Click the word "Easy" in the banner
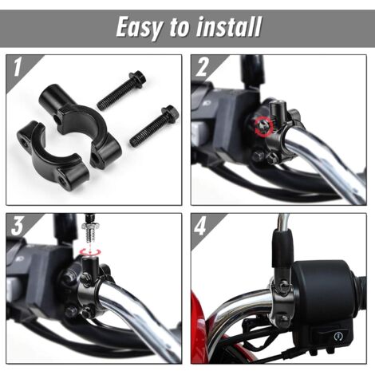[140, 28]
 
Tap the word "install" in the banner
[228, 26]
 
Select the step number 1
[17, 68]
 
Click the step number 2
[202, 68]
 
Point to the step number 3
[18, 227]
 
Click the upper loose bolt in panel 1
[121, 91]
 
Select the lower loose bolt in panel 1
[155, 127]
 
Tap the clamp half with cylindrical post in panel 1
[80, 122]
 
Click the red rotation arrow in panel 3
[91, 251]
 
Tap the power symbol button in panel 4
[338, 336]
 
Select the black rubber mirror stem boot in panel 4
[282, 248]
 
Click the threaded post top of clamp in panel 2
[278, 110]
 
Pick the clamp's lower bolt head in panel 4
[282, 318]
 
